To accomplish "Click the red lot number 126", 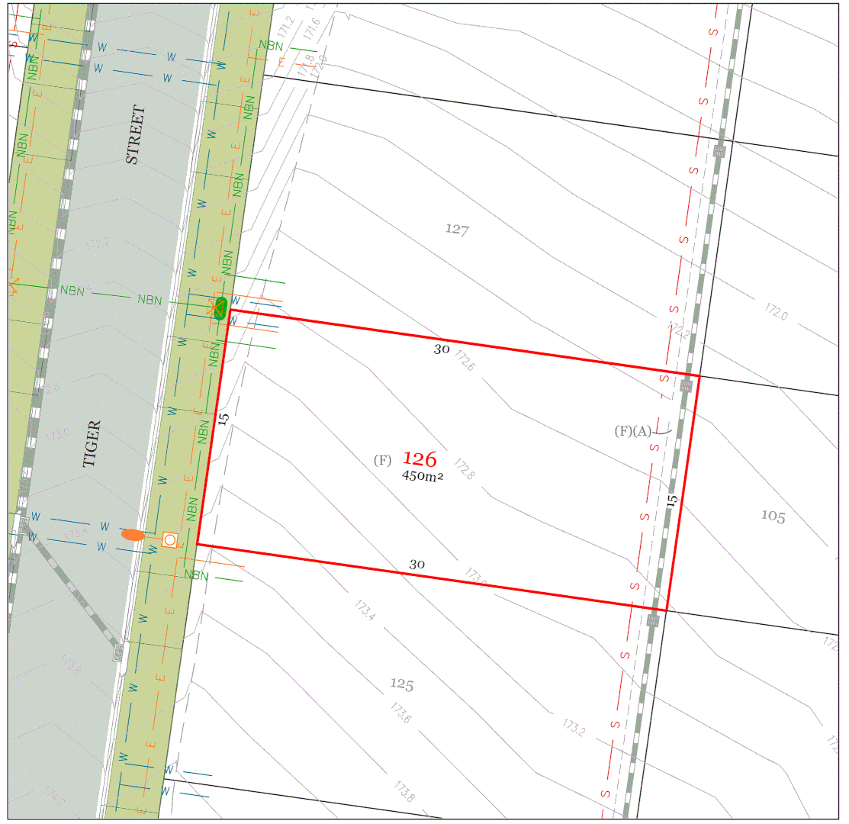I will (x=420, y=459).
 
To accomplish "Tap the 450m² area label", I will (x=423, y=475).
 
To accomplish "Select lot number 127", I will (x=456, y=229).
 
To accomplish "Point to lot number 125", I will (x=402, y=684).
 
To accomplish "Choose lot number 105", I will (x=773, y=517).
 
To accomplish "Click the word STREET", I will (x=134, y=135).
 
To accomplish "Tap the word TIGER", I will (x=92, y=443).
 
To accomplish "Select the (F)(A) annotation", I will (x=633, y=431).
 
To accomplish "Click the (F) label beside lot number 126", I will (x=382, y=460).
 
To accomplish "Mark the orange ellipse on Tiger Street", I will (x=133, y=536).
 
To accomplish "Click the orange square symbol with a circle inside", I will (x=170, y=540).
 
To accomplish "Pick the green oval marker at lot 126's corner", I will (x=220, y=307).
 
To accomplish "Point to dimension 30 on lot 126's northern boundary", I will (x=442, y=349).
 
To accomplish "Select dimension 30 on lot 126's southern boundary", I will (x=416, y=565).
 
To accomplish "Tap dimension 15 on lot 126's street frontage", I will (x=224, y=418).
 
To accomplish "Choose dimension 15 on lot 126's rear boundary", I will (x=672, y=501).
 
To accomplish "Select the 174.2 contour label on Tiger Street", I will (x=54, y=797).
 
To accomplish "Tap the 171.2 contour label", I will (x=286, y=27).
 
